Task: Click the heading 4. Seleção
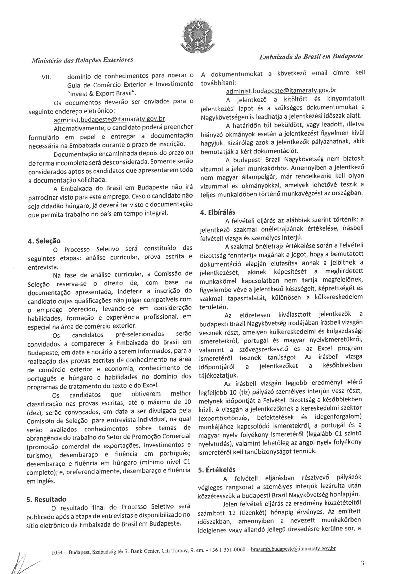coord(44,241)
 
